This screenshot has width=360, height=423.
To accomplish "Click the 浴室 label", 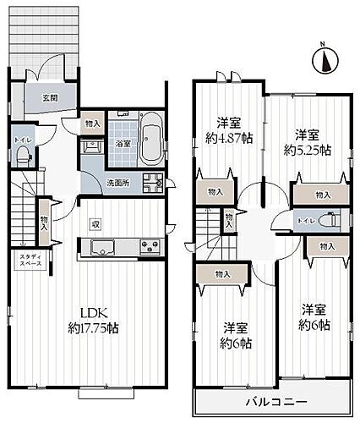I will click(123, 144).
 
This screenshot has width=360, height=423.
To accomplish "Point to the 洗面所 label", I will click(117, 184).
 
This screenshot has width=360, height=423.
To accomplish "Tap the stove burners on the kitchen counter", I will click(150, 247).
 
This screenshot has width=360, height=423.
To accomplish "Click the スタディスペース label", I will click(25, 260).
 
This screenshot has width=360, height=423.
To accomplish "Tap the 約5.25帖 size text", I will click(307, 151).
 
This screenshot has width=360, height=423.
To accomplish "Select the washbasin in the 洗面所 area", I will click(89, 146).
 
